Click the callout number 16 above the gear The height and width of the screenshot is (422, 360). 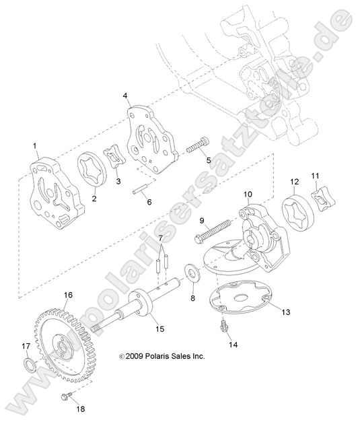68,295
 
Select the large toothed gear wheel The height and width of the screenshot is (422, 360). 61,348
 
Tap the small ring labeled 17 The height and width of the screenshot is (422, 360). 30,366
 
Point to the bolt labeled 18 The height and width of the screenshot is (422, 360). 67,396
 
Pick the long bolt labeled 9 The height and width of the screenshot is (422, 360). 213,230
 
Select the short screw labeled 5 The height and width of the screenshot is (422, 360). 198,145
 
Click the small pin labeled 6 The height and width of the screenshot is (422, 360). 140,188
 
